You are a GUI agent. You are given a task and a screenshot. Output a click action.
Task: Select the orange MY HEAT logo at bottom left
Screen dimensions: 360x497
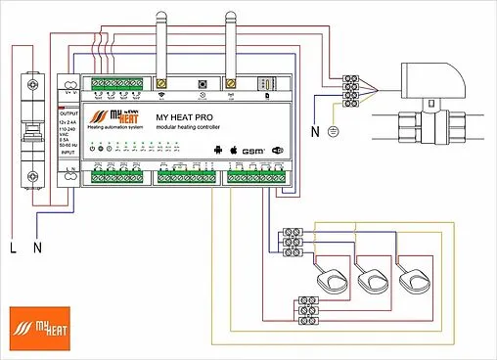[34, 324]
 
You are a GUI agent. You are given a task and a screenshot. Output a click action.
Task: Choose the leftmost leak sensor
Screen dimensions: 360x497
[332, 280]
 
